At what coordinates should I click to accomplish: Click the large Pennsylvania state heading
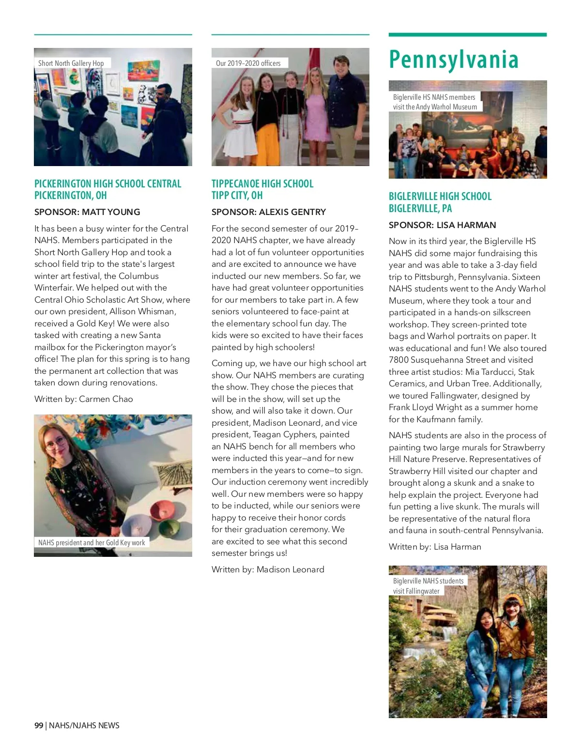[454, 60]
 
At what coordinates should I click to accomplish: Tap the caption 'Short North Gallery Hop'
[71, 63]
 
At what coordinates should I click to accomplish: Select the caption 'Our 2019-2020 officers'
[248, 63]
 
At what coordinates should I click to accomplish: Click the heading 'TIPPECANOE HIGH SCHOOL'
[262, 184]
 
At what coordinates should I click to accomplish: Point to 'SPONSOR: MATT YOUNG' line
[87, 212]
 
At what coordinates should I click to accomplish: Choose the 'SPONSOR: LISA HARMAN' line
[443, 225]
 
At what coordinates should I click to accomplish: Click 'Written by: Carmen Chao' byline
[84, 399]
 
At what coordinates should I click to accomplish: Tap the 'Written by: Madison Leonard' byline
[268, 569]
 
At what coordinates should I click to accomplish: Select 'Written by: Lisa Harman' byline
[435, 547]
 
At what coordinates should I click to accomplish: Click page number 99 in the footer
[39, 725]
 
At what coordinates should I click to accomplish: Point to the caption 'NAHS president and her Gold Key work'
[92, 543]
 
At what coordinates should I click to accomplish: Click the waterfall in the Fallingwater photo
[450, 632]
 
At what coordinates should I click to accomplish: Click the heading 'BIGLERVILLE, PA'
[420, 209]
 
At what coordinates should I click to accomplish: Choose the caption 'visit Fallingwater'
[416, 591]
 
